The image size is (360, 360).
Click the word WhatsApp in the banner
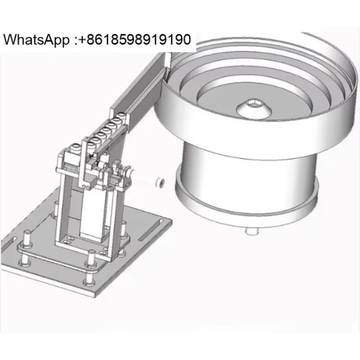click(x=36, y=40)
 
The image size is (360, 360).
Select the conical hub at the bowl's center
click(x=254, y=109)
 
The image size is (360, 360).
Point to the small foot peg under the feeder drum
click(x=252, y=230)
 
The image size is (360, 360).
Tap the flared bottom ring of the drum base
click(x=247, y=202)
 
